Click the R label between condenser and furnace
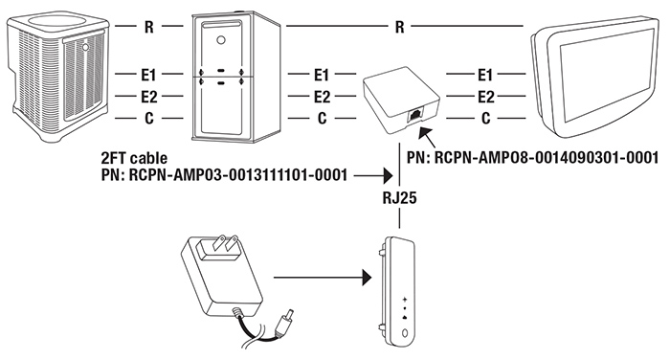[148, 27]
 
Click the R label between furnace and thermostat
[399, 27]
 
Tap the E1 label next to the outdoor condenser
[148, 76]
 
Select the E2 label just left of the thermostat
[486, 97]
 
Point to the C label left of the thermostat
[486, 118]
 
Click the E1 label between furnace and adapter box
[322, 76]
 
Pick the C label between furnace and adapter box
[323, 118]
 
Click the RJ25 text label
[399, 198]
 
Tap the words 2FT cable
[134, 159]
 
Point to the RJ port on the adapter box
[414, 116]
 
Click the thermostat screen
[607, 76]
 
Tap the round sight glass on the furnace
[221, 40]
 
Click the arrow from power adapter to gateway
[323, 278]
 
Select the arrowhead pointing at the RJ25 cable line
[388, 175]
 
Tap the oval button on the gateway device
[405, 333]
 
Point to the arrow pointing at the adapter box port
[427, 137]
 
